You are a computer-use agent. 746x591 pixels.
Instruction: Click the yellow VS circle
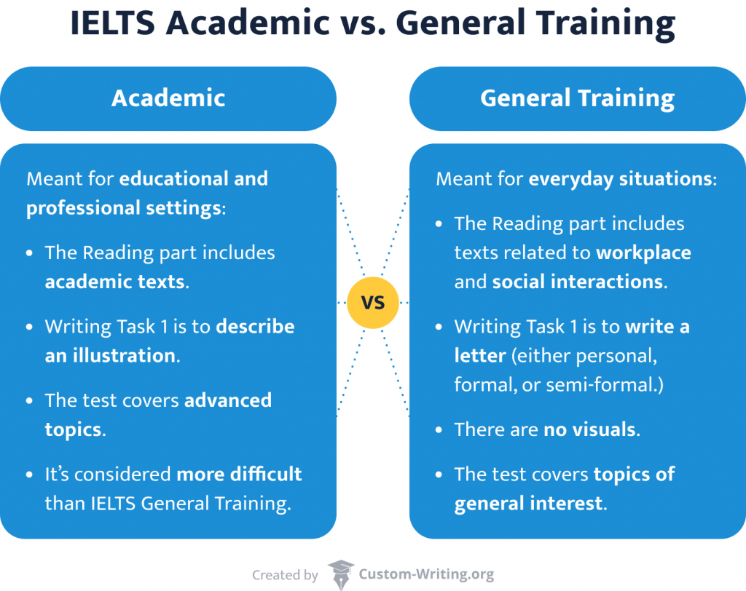[x=373, y=302]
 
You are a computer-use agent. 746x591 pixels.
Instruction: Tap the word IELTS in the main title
[x=112, y=26]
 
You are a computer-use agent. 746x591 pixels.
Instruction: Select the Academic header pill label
[x=168, y=98]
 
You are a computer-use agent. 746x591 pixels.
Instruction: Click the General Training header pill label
[x=577, y=98]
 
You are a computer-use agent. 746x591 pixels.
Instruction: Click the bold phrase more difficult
[x=239, y=475]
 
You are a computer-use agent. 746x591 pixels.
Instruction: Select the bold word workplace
[x=643, y=253]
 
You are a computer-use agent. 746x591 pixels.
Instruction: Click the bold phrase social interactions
[x=578, y=282]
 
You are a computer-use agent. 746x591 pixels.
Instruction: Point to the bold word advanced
[x=227, y=400]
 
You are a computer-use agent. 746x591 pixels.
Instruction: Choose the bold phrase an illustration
[x=110, y=355]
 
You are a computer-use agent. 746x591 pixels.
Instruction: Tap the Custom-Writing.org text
[x=426, y=575]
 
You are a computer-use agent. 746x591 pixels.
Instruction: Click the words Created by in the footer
[x=285, y=575]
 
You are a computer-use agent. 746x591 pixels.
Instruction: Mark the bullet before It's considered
[x=29, y=475]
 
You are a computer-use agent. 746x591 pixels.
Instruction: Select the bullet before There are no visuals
[x=439, y=430]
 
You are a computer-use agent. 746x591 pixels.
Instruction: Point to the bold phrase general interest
[x=529, y=504]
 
